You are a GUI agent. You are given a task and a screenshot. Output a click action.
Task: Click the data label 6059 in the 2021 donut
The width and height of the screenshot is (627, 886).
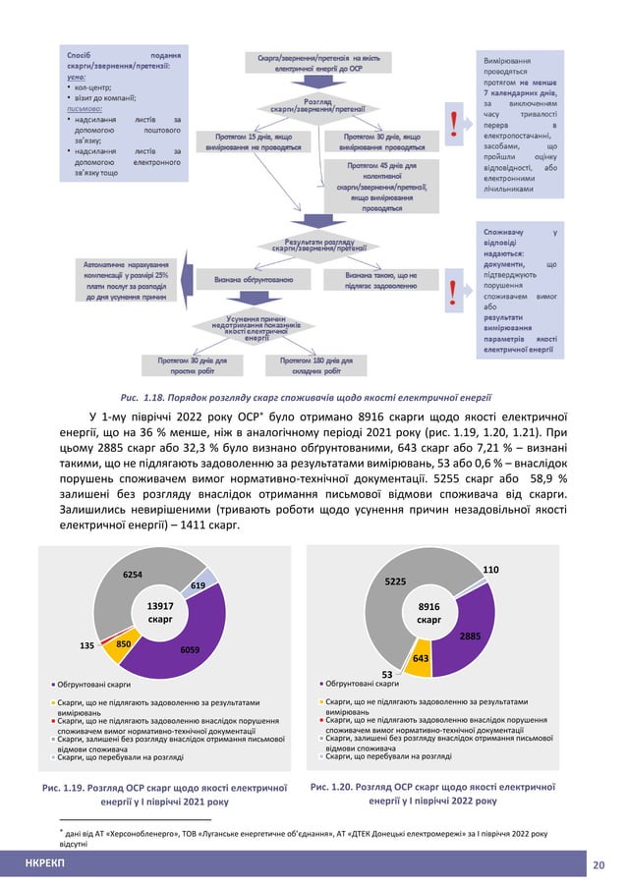tap(191, 650)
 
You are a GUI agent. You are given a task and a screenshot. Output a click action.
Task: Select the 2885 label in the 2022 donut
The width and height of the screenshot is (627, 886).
tap(470, 637)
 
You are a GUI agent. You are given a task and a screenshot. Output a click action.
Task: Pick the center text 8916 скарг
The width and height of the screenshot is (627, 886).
tap(429, 614)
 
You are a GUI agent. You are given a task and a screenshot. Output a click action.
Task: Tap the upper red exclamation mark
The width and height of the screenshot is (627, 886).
tap(452, 124)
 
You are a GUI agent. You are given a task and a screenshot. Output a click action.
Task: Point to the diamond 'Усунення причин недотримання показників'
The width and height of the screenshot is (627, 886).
tap(260, 327)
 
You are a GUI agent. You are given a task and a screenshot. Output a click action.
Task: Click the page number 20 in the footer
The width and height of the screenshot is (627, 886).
tap(599, 863)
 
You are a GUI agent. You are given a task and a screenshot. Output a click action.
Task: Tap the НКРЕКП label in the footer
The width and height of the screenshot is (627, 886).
tap(45, 863)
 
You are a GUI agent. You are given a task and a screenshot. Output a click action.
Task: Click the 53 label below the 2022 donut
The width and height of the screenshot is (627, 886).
tap(387, 674)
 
